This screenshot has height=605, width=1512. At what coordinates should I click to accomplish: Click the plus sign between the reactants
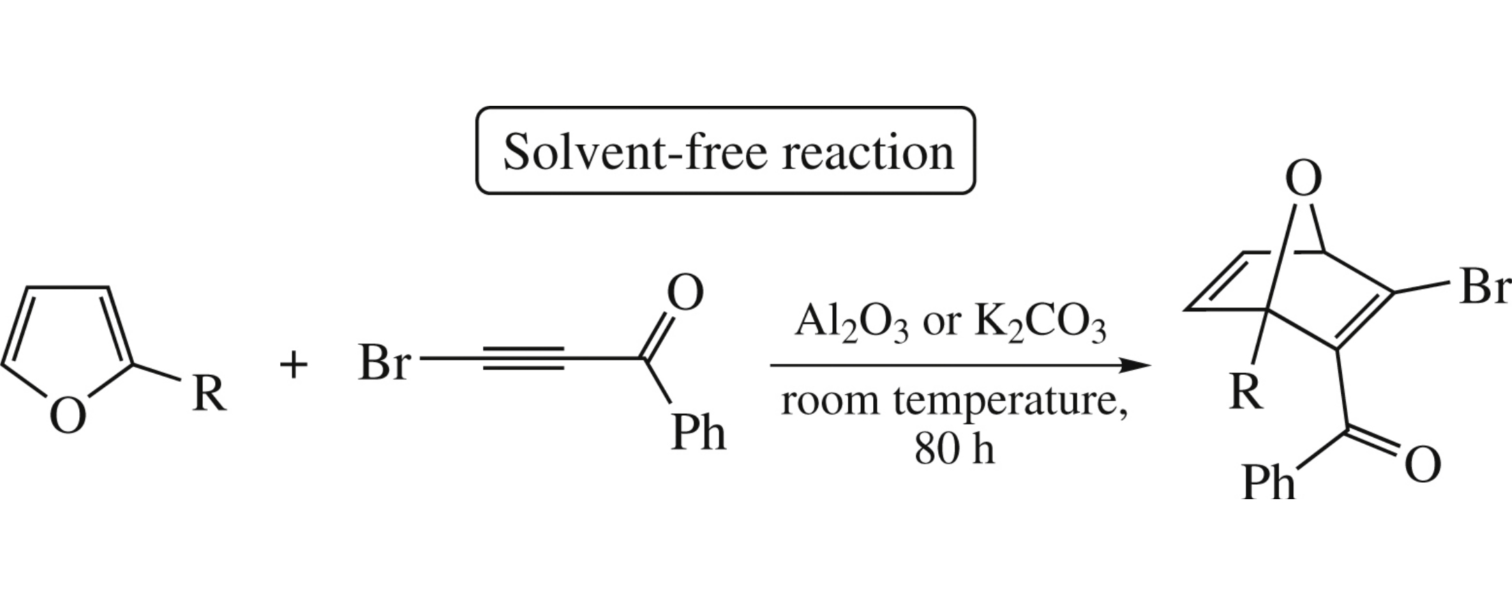pyautogui.click(x=294, y=365)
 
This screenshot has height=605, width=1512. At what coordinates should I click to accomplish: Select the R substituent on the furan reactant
pyautogui.click(x=208, y=394)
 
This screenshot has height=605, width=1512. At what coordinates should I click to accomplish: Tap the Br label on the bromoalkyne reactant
pyautogui.click(x=384, y=363)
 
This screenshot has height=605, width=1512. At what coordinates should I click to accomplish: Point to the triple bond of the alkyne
pyautogui.click(x=523, y=358)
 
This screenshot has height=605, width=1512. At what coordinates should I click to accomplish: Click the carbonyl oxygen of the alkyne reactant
pyautogui.click(x=685, y=294)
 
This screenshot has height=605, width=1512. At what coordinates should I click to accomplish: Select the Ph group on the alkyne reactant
pyautogui.click(x=698, y=432)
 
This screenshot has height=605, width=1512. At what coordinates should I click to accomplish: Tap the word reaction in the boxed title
pyautogui.click(x=868, y=151)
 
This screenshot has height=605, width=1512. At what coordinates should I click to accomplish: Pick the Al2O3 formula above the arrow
pyautogui.click(x=851, y=322)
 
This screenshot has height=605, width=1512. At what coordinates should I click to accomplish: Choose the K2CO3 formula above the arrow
pyautogui.click(x=1039, y=322)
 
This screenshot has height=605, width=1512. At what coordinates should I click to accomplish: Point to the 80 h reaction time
pyautogui.click(x=954, y=449)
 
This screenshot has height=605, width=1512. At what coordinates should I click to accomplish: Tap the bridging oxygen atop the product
pyautogui.click(x=1303, y=180)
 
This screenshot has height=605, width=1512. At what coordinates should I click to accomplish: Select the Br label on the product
pyautogui.click(x=1484, y=287)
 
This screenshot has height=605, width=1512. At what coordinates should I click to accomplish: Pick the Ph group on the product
pyautogui.click(x=1268, y=483)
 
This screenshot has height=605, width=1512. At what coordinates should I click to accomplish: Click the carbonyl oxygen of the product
pyautogui.click(x=1422, y=466)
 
